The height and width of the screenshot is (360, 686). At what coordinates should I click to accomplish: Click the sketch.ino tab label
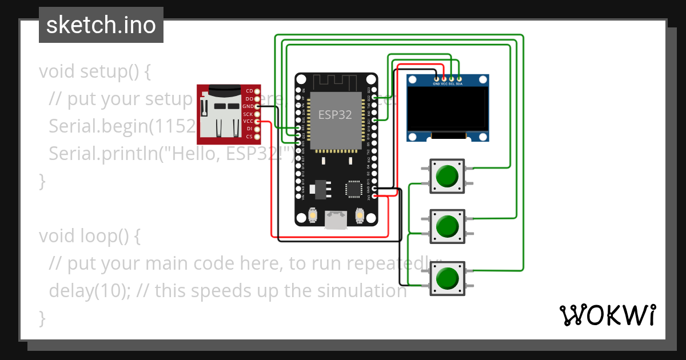[x=101, y=25]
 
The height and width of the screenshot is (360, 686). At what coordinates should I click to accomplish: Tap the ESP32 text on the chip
[x=335, y=114]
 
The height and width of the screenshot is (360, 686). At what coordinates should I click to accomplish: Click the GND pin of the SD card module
[x=257, y=106]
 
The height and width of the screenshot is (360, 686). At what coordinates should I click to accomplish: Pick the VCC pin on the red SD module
[x=257, y=121]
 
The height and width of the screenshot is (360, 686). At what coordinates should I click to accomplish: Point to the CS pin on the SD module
[x=257, y=137]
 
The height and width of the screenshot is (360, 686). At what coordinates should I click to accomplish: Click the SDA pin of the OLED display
[x=459, y=78]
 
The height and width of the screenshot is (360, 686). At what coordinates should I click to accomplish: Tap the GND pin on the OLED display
[x=437, y=78]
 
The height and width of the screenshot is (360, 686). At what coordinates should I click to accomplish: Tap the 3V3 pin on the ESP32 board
[x=374, y=196]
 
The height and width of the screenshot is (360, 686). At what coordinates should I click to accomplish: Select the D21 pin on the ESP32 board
[x=374, y=121]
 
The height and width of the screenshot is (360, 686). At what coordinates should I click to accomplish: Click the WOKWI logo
[x=607, y=315]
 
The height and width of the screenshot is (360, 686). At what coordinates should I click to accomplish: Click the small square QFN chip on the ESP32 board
[x=354, y=189]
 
